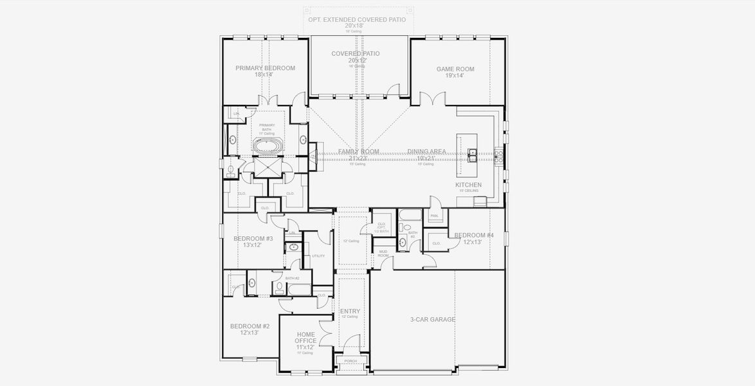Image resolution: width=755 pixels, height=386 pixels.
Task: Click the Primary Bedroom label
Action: [265, 68]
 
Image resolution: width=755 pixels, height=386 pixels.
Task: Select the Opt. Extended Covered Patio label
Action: [357, 19]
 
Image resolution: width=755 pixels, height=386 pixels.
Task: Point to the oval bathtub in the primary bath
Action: [266, 147]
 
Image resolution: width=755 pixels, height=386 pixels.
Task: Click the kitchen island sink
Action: [473, 154]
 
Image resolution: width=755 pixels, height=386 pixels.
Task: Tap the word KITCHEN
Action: [468, 185]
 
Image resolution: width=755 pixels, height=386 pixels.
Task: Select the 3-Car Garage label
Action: [433, 319]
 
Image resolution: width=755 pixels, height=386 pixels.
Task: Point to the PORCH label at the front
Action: [350, 361]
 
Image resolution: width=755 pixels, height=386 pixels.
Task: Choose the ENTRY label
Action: [350, 311]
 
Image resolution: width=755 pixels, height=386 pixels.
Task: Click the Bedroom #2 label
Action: [250, 326]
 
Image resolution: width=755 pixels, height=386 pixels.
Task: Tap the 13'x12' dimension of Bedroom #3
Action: [253, 245]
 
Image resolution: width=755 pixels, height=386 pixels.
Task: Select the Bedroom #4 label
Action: [474, 235]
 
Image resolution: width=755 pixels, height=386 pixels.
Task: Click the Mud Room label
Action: [383, 253]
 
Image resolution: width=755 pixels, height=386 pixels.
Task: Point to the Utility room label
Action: [318, 255]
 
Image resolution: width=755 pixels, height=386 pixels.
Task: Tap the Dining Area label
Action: [426, 152]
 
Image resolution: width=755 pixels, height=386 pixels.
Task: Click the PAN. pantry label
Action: [434, 216]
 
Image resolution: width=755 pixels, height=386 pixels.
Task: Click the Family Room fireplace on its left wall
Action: [313, 156]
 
